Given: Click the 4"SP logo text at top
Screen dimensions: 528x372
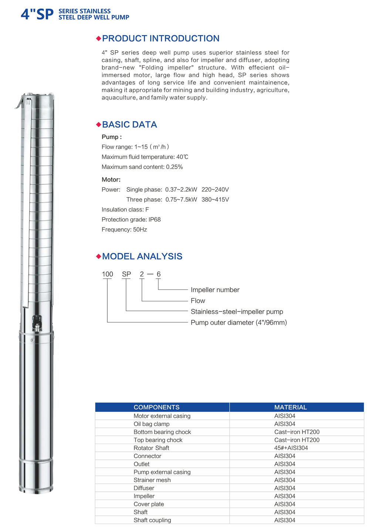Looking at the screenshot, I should coord(37,14).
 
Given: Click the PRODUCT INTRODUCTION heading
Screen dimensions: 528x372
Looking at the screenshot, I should coord(160,38).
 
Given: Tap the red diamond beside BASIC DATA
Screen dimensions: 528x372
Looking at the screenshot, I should coord(98,125).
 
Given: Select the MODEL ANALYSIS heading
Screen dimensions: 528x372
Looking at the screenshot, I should coord(142,256).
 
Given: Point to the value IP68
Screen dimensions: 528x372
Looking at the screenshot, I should coord(155,220).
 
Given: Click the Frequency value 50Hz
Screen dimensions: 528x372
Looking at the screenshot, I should coord(140,230).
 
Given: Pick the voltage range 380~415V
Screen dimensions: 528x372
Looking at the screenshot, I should coord(215,200).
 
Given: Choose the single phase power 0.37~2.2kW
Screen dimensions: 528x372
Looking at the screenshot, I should coord(181,190).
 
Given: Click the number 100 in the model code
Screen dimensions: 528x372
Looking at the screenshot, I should coord(107,274).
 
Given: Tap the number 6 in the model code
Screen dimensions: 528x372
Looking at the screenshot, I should coord(159,274).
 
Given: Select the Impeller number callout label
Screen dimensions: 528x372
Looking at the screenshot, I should coord(215,290).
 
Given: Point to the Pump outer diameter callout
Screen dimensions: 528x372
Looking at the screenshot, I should coord(239,322).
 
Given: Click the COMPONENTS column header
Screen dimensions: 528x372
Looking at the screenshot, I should coord(156,407).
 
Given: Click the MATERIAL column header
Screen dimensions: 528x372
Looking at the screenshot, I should coord(290,407).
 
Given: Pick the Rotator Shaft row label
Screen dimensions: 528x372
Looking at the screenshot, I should coord(151,448).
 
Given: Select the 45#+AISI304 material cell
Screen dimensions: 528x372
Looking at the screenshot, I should coord(291,448).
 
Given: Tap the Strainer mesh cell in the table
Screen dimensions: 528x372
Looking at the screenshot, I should coord(152,480).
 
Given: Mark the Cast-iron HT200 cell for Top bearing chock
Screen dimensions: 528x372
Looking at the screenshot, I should coord(297,440).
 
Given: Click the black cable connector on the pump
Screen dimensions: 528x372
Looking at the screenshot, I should coord(37,322).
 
